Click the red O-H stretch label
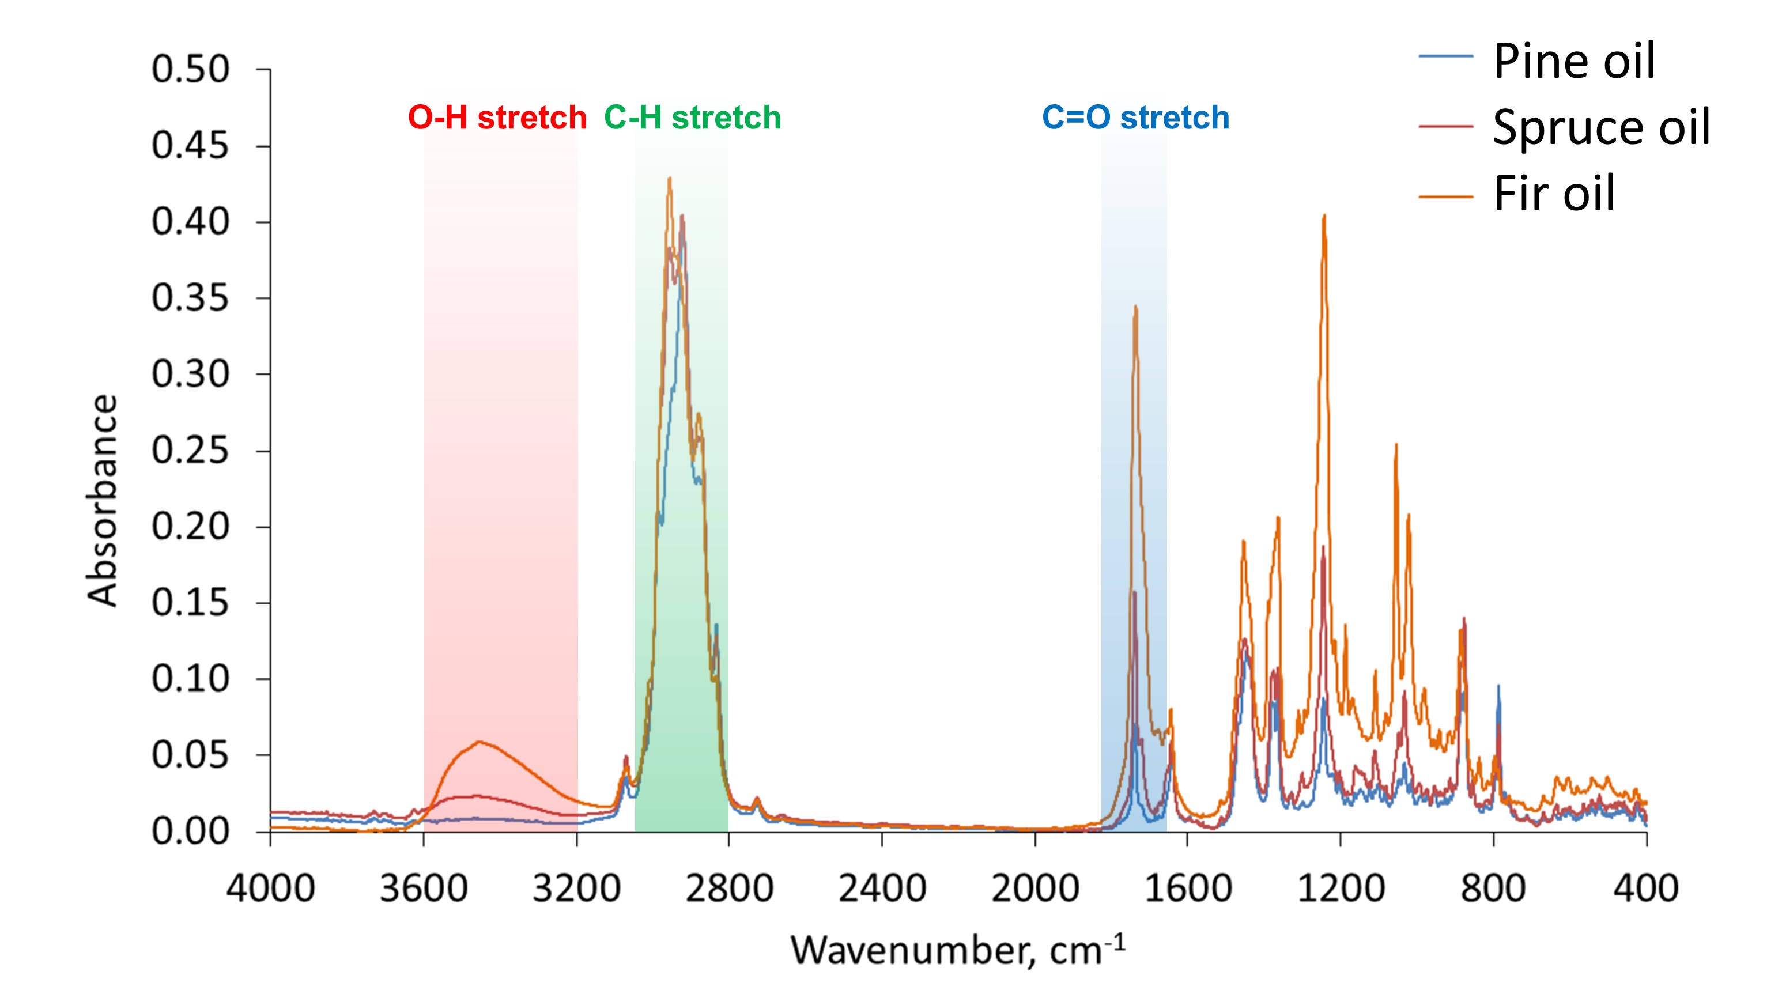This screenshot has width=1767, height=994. point(497,118)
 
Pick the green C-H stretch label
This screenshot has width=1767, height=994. point(692,118)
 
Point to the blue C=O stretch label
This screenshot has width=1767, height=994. point(1135,118)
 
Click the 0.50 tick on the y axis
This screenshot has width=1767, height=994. point(190,69)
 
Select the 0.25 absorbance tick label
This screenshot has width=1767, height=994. point(190,451)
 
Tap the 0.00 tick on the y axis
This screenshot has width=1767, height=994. point(190,832)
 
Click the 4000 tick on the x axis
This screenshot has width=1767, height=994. point(270,889)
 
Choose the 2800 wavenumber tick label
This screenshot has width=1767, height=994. point(729,889)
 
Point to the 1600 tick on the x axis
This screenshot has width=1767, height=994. point(1187,889)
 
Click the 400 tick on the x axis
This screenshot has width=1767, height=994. point(1645,889)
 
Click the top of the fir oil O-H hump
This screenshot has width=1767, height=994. point(479,742)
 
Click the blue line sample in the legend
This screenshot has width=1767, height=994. point(1445,56)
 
